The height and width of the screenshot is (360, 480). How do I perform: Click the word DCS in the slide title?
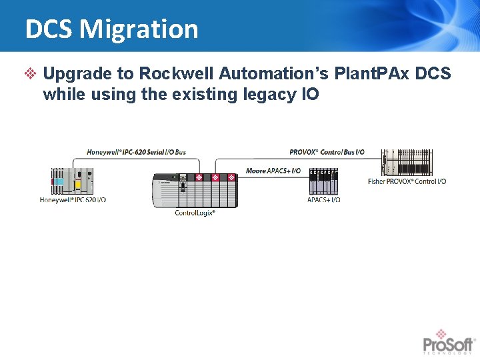[49, 29]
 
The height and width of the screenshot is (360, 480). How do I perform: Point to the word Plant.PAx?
[375, 73]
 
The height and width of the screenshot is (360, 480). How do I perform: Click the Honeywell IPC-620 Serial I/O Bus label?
[136, 152]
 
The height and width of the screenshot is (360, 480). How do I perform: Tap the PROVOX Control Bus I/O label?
[327, 152]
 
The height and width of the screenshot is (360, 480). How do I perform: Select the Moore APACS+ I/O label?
[273, 171]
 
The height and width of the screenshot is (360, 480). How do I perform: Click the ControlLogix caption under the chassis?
[195, 213]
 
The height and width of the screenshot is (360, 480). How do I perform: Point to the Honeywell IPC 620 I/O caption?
[73, 199]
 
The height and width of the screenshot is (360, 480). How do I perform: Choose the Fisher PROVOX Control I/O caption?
[407, 181]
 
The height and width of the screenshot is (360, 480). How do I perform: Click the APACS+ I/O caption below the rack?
[323, 199]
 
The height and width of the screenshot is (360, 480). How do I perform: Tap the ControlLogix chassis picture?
[195, 191]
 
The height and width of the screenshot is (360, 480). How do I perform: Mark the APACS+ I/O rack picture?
[323, 182]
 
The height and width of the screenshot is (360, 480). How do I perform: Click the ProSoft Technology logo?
[448, 341]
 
